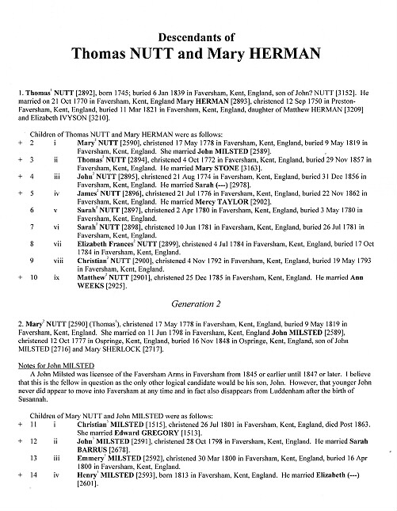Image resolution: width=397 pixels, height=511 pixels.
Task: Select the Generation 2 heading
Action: point(197,302)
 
